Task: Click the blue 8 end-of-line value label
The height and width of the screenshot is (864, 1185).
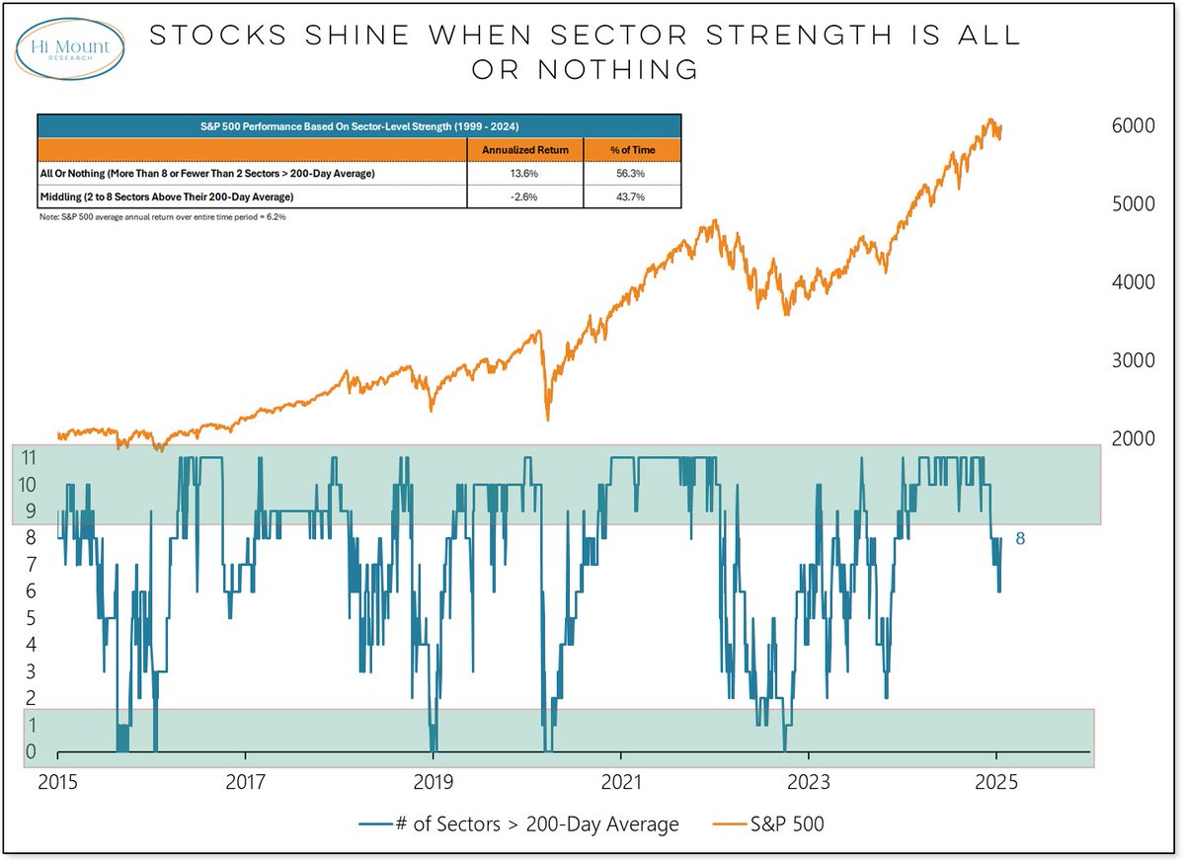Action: coord(1020,538)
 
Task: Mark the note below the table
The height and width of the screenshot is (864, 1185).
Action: coord(162,216)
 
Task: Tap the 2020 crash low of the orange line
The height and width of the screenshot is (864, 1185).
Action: coord(547,420)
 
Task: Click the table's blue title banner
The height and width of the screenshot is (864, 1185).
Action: coord(358,126)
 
